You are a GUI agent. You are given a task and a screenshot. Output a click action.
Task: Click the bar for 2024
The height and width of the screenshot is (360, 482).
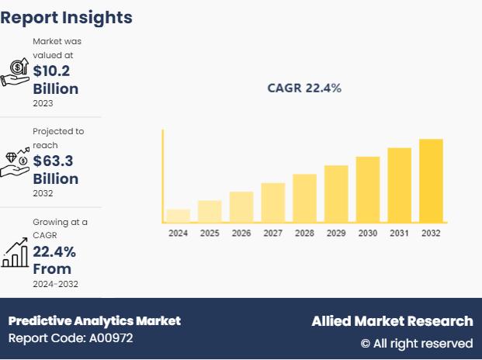pyautogui.click(x=178, y=215)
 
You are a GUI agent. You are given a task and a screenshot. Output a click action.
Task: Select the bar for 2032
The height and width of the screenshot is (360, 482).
pyautogui.click(x=431, y=180)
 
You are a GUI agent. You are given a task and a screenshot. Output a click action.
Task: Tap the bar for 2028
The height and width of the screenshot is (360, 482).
pyautogui.click(x=304, y=198)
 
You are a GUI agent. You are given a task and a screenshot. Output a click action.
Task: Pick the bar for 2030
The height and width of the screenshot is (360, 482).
pyautogui.click(x=368, y=189)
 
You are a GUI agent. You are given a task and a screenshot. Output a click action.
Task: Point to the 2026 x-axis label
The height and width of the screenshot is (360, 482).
pyautogui.click(x=241, y=233)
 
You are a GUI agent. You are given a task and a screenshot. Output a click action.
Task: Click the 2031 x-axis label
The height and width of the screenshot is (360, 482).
pyautogui.click(x=400, y=233)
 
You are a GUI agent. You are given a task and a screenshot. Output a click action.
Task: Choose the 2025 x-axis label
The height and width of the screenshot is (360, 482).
pyautogui.click(x=210, y=233)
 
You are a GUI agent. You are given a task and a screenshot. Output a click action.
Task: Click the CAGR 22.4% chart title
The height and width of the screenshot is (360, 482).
pyautogui.click(x=304, y=88)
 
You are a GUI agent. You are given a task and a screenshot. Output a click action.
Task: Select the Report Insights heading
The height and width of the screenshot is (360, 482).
pyautogui.click(x=67, y=17)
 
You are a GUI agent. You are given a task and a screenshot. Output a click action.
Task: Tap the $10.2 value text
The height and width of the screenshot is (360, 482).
pyautogui.click(x=53, y=71)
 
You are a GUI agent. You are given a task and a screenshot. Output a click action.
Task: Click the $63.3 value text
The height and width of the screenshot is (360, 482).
pyautogui.click(x=53, y=161)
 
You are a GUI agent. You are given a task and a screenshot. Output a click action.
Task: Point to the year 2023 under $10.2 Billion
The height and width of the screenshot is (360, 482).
pyautogui.click(x=43, y=103)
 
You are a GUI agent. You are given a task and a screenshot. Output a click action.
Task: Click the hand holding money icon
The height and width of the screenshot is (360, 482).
pyautogui.click(x=15, y=71)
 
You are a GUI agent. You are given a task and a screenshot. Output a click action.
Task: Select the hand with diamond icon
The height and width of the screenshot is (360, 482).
pyautogui.click(x=15, y=161)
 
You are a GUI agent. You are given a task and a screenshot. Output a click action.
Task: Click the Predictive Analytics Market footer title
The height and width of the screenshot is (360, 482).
pyautogui.click(x=95, y=320)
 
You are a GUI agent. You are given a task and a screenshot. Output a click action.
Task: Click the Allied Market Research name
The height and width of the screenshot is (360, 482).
pyautogui.click(x=392, y=320)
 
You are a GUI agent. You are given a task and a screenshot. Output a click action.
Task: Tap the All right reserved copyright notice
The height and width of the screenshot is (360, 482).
pyautogui.click(x=417, y=343)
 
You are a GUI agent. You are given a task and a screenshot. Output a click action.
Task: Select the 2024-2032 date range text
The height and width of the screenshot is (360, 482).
pyautogui.click(x=55, y=284)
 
